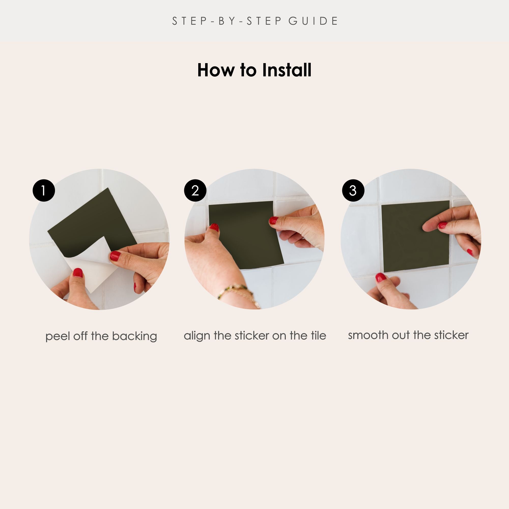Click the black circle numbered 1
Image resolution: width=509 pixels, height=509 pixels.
click(44, 190)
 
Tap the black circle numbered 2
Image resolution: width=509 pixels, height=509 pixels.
click(195, 190)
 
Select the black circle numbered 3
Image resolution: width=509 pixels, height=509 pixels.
click(353, 190)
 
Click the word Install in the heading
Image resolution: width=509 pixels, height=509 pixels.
click(287, 70)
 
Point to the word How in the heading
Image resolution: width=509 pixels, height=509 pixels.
click(216, 70)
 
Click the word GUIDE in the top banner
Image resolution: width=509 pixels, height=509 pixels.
click(313, 21)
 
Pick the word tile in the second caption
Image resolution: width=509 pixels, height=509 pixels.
click(318, 335)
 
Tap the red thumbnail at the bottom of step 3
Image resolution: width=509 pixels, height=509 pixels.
click(381, 277)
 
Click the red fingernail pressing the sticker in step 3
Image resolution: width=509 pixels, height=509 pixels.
click(443, 225)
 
